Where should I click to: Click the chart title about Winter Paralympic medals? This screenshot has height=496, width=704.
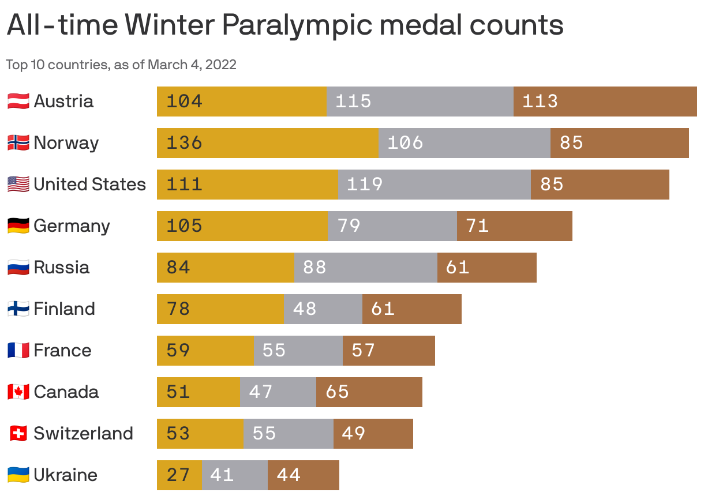285,25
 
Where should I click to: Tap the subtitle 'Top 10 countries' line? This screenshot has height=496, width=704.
121,65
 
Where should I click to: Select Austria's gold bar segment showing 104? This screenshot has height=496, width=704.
241,102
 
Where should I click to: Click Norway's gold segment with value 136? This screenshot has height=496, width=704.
267,143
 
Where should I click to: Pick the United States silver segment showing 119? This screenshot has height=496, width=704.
434,185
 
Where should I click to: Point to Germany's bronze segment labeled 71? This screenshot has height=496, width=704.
514,226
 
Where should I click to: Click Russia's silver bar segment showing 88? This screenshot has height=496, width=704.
365,268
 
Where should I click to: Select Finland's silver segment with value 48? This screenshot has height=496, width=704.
323,309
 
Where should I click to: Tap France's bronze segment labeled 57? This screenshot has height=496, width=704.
388,351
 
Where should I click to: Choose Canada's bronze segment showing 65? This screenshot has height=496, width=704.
369,392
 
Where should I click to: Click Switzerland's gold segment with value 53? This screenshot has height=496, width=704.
200,434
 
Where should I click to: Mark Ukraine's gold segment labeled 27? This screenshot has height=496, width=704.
179,475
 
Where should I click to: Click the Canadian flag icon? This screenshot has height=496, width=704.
18,392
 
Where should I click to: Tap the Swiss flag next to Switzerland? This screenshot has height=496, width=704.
18,434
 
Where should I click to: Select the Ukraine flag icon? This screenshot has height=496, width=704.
18,475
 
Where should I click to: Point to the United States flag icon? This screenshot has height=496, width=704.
18,185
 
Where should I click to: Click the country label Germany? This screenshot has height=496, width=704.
72,226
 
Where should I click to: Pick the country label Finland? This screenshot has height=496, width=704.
64,309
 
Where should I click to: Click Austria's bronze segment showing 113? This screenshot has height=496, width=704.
605,102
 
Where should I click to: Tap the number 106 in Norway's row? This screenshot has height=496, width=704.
405,143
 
